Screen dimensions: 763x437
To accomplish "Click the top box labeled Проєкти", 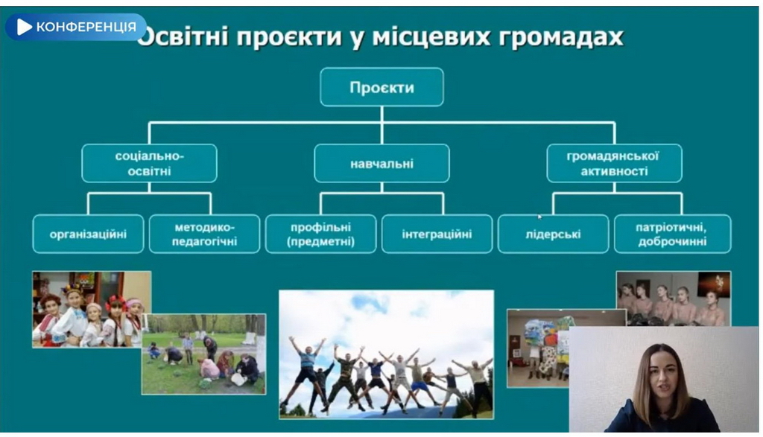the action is (381, 87).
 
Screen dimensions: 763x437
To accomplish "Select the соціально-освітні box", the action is (149, 163).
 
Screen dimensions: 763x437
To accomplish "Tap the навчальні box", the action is (381, 163).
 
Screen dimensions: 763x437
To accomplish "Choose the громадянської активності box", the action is (614, 163).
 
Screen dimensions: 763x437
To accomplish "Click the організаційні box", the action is (88, 234).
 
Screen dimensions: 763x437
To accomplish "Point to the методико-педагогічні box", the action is (204, 234).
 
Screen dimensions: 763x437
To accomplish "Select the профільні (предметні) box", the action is (320, 234).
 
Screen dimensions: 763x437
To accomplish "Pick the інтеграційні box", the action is (437, 234).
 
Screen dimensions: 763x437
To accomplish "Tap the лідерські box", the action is (554, 234).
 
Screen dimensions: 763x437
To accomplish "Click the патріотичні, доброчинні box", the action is (673, 234).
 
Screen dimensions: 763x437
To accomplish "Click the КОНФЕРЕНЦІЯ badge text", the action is (86, 27).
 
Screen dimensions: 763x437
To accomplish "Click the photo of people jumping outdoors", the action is (387, 354).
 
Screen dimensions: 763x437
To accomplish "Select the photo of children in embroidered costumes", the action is (92, 309).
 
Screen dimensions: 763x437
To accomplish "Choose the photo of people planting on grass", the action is (203, 354).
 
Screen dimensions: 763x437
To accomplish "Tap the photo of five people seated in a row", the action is (674, 299).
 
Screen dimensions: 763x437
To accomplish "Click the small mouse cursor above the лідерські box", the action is (539, 217).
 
